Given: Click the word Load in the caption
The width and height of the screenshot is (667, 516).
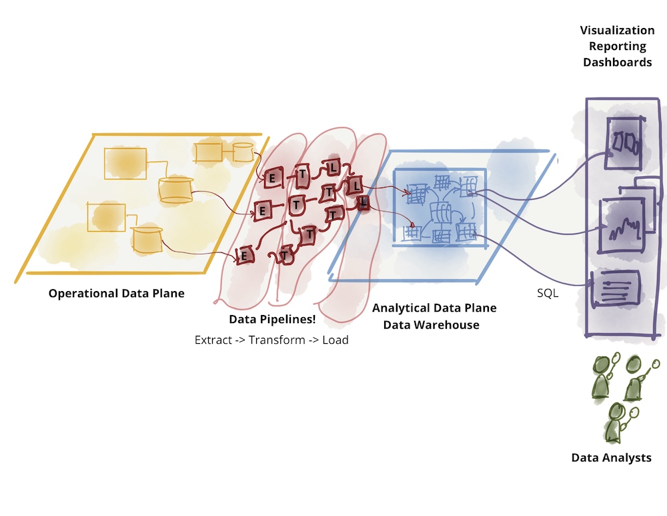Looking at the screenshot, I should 336,340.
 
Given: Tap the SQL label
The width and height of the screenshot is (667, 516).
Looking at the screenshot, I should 548,293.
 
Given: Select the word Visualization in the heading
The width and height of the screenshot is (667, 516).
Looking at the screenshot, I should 617,30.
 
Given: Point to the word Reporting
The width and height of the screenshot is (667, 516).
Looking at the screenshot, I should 617,46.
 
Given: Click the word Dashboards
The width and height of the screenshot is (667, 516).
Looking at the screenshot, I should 617,62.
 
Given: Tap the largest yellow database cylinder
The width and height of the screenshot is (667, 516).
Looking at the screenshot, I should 176,190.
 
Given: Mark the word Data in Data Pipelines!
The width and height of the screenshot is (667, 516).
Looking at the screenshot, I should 241,319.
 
